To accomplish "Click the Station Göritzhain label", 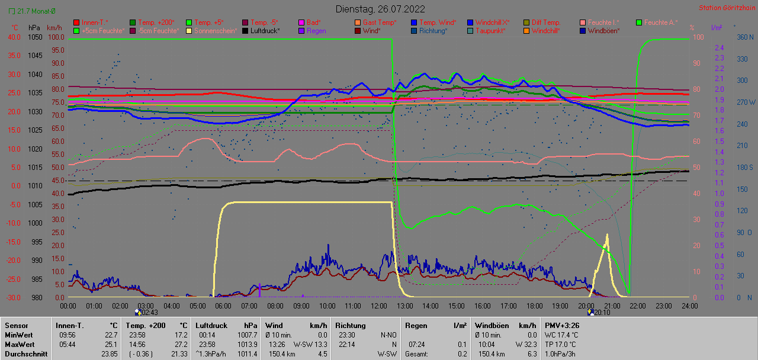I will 725,8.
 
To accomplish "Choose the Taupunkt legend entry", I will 490,31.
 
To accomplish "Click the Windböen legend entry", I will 603,31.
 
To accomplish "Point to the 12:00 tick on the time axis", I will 378,306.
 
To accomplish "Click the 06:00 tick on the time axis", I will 223,306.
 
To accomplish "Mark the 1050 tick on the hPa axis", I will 35,37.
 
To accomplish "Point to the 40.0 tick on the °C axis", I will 14,37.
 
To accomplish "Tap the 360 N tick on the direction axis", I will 744,37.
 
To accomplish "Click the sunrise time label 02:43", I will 149,313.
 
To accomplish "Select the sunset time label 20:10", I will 602,313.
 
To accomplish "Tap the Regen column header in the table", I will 416,325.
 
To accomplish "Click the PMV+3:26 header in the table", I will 562,325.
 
